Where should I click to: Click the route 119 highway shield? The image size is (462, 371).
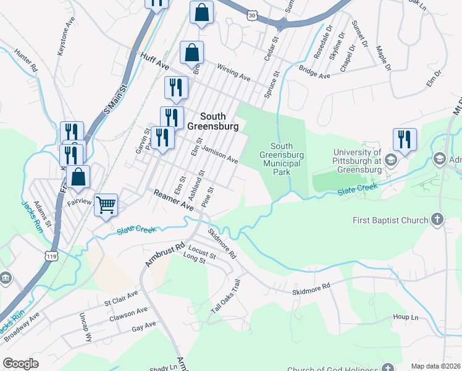(51, 254)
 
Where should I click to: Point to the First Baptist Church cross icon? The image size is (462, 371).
(437, 220)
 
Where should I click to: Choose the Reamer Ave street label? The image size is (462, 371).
(174, 200)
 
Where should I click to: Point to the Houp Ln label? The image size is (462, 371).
(405, 317)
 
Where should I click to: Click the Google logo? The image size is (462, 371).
(21, 364)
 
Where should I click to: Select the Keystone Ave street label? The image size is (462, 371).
(65, 41)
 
